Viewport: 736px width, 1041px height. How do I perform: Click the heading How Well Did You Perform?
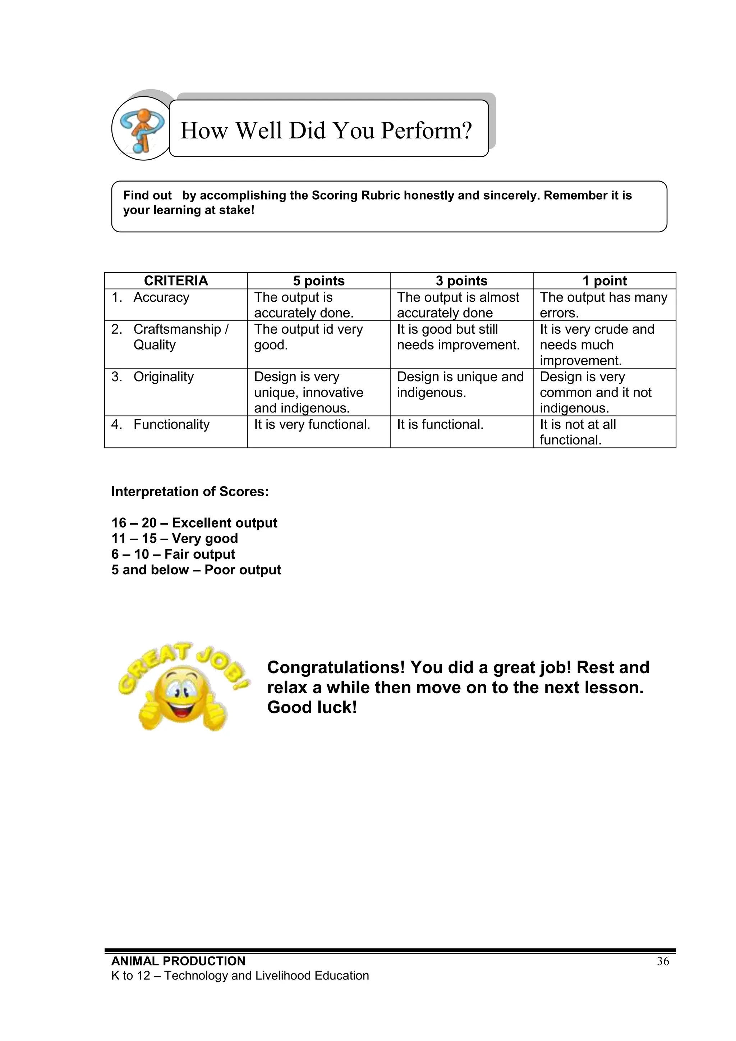pyautogui.click(x=326, y=130)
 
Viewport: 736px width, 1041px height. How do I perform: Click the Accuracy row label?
pyautogui.click(x=161, y=297)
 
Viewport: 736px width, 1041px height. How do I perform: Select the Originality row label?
pyautogui.click(x=163, y=377)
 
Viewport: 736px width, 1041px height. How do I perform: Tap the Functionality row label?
pyautogui.click(x=171, y=424)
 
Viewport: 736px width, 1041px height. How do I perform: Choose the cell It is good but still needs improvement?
pyautogui.click(x=458, y=337)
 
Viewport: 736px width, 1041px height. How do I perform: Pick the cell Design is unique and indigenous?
pyautogui.click(x=460, y=384)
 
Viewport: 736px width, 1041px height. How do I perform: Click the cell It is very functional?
pyautogui.click(x=312, y=424)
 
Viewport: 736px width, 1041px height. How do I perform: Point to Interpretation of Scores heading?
pyautogui.click(x=190, y=492)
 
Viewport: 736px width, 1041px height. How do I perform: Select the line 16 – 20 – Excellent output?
pyautogui.click(x=194, y=523)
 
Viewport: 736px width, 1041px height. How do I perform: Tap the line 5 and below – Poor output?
pyautogui.click(x=196, y=570)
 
